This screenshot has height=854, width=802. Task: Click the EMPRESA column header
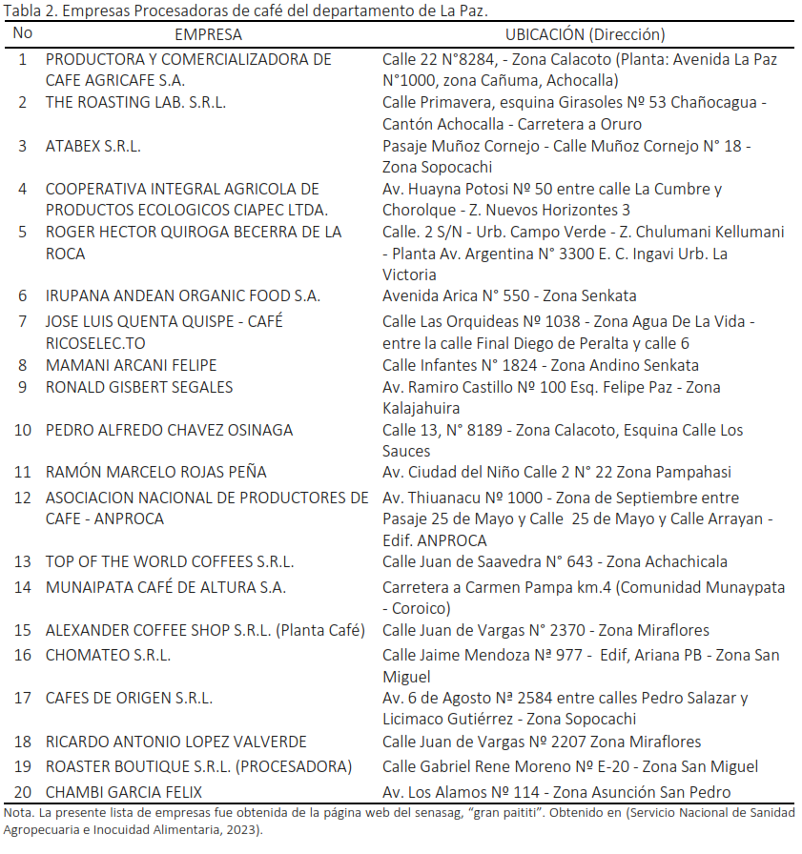pos(209,34)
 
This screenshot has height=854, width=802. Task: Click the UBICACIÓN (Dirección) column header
pos(585,34)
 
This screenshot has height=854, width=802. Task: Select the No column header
pos(23,33)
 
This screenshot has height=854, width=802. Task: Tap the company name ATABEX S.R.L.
pos(93,146)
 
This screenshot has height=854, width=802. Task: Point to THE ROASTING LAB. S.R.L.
pos(135,103)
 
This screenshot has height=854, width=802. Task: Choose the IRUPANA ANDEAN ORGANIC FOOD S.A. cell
pos(183,295)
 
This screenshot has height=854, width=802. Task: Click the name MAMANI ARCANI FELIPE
pos(132,365)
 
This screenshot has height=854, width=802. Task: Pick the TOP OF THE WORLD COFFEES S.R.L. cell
pos(170,561)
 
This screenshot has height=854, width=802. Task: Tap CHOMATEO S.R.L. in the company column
pos(108,655)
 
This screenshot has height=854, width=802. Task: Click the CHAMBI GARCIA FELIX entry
pos(124,792)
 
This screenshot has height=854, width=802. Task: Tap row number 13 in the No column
pos(23,561)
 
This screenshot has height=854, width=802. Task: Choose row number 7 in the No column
pos(23,321)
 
